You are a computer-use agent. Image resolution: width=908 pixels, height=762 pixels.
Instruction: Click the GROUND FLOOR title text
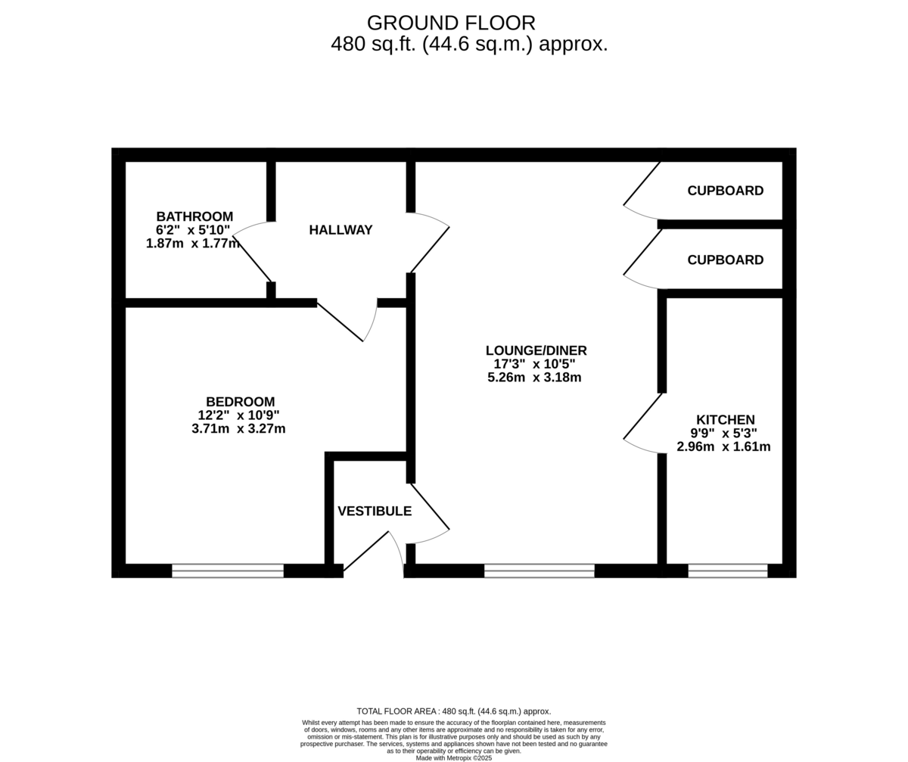click(451, 23)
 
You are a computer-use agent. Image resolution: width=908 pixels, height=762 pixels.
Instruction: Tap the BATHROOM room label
click(194, 216)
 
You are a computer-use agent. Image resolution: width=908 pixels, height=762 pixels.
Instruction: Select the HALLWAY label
click(340, 230)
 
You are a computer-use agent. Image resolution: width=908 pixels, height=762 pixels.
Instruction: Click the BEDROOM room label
click(240, 402)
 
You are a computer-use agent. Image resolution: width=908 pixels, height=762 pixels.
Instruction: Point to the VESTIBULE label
click(375, 511)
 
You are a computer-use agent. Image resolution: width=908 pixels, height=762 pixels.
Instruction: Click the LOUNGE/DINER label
click(536, 350)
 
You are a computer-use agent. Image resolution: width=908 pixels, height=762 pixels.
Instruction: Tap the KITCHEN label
click(725, 420)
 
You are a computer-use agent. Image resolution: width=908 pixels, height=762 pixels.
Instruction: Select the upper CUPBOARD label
click(725, 191)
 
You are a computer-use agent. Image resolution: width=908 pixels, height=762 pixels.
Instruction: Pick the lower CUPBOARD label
click(725, 260)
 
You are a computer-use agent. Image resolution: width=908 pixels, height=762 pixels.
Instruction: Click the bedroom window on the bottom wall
click(228, 571)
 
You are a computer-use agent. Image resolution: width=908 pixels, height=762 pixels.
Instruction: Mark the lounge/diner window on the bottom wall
click(539, 571)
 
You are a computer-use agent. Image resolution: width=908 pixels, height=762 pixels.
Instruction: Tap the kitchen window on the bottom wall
click(727, 571)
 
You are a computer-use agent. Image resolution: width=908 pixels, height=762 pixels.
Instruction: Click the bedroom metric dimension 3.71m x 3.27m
click(238, 428)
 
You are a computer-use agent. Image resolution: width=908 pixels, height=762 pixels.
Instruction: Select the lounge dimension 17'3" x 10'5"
click(534, 364)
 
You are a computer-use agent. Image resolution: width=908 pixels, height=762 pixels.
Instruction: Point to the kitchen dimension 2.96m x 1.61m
click(723, 446)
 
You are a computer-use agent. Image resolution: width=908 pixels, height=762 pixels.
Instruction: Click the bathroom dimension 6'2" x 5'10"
click(193, 230)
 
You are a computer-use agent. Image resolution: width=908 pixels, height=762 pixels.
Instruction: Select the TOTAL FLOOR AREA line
click(454, 711)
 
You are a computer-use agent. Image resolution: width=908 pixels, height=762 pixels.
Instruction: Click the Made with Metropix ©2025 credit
click(454, 757)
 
